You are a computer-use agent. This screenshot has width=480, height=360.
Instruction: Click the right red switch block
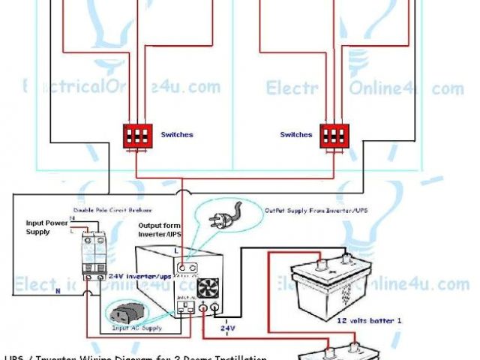pos(335,136)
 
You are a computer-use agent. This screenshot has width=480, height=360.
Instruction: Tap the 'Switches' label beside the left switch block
pos(177,135)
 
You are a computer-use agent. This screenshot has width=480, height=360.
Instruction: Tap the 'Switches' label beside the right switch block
pos(295,135)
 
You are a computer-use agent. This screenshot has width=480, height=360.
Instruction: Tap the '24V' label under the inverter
pos(227,328)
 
